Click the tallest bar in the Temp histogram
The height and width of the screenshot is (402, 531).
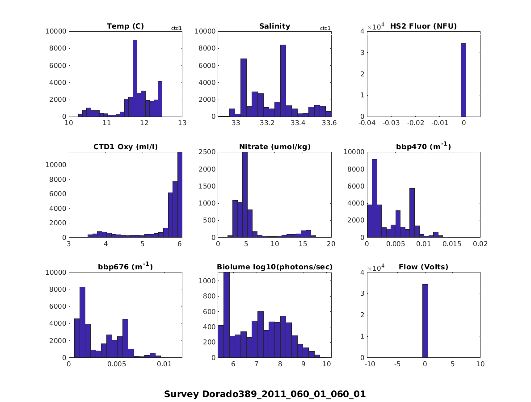pos(135,78)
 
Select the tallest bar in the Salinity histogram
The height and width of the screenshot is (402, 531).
pos(283,80)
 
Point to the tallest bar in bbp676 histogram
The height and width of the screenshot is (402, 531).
pos(82,322)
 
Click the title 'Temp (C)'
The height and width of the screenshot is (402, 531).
pos(125,26)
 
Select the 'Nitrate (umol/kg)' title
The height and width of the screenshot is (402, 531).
pos(274,147)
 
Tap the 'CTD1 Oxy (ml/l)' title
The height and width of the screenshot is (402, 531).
pos(126,147)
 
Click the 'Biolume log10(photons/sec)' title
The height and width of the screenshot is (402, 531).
pos(274,267)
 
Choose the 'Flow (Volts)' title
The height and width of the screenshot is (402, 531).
pos(423,267)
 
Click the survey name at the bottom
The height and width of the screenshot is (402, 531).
pos(265,394)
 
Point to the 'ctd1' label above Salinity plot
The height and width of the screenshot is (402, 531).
pos(325,29)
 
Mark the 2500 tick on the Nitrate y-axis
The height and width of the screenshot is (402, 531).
pos(208,152)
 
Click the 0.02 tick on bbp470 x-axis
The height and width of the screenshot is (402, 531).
pos(480,244)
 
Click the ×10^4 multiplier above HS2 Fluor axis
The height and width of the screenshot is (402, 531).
pos(376,27)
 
